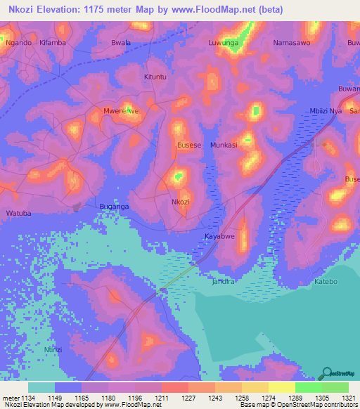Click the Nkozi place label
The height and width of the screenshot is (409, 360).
181,202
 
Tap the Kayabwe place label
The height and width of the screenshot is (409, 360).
219,236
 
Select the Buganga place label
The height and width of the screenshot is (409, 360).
114,207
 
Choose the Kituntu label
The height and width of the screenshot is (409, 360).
155,77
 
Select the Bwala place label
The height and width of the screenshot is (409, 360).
121,43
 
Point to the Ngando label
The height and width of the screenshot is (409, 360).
18,43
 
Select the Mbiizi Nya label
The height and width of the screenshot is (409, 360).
326,111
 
